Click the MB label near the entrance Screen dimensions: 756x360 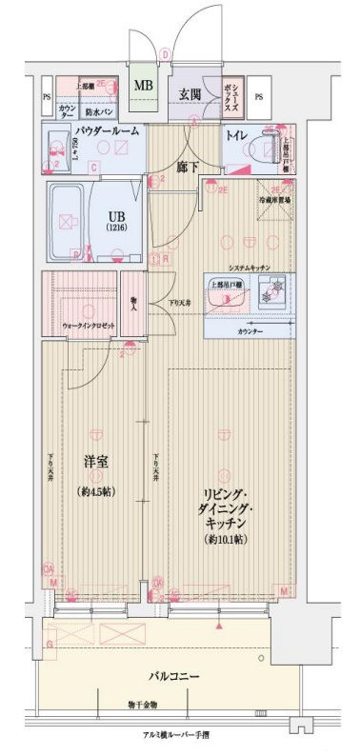143,86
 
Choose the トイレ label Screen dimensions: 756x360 236,135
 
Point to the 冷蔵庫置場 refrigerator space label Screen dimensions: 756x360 272,201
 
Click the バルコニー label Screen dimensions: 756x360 173,675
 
